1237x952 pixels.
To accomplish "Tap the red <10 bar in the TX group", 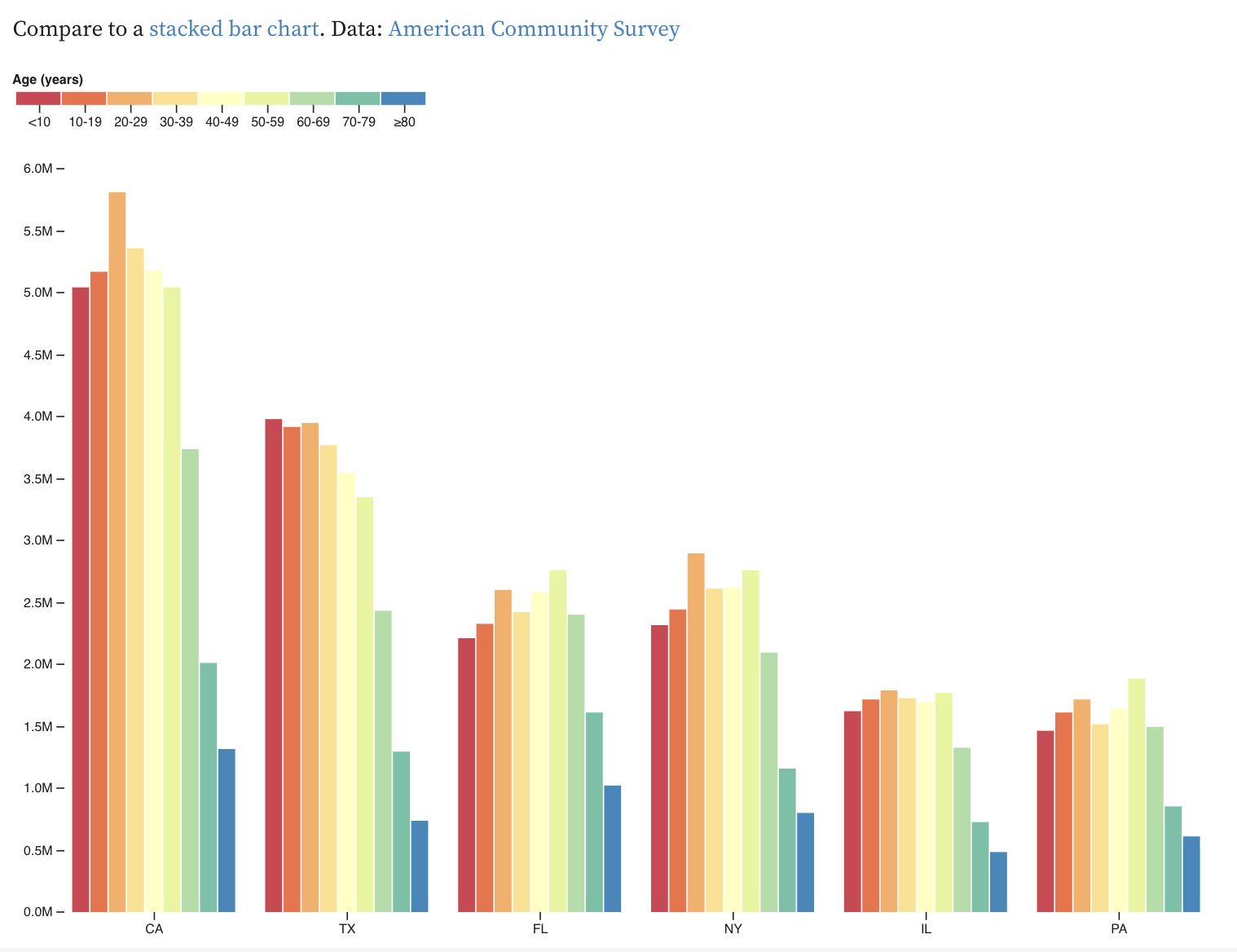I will tap(274, 665).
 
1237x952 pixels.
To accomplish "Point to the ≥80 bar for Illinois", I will tap(998, 882).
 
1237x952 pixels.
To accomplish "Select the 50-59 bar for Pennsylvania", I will tap(1137, 795).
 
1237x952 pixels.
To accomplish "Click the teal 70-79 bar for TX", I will tap(401, 831).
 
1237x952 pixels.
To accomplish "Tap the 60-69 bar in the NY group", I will tap(768, 782).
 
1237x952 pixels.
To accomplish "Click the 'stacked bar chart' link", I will tap(233, 29).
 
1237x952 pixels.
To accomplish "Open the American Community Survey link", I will tap(534, 29).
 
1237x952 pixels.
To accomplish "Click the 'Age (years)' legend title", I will tap(48, 79).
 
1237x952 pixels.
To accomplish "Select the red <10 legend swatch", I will tap(38, 99).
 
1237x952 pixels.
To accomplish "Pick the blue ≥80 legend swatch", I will tap(403, 99).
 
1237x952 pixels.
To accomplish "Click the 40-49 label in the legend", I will tap(222, 122).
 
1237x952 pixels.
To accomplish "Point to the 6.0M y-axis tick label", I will tap(37, 169).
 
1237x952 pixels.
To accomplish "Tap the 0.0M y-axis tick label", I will tap(37, 912).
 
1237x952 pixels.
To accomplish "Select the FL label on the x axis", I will tap(539, 928).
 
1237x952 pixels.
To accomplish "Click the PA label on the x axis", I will tap(1118, 928).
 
